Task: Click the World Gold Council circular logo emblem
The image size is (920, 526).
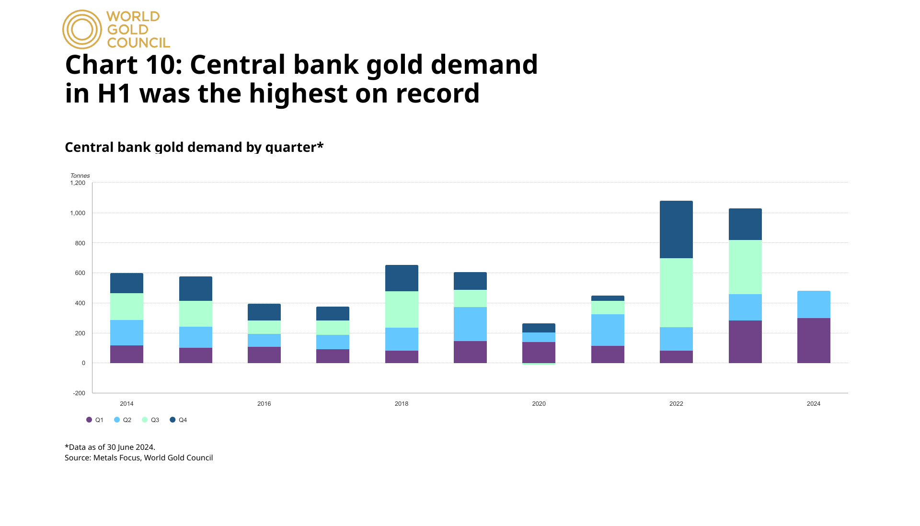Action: pos(82,30)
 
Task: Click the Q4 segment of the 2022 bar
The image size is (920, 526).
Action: pos(676,229)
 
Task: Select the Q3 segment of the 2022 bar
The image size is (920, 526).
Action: pos(676,293)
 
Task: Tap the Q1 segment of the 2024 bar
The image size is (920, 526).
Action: pos(814,341)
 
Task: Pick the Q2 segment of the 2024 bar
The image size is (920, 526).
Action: pos(814,304)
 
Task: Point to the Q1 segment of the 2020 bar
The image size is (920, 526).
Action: pos(539,353)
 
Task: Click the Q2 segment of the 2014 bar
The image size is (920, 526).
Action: pos(126,332)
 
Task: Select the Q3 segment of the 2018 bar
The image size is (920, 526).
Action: pos(402,309)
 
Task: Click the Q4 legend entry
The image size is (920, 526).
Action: pos(179,420)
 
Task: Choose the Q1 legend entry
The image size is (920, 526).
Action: pos(95,420)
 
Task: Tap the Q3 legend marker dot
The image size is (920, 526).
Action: pos(145,420)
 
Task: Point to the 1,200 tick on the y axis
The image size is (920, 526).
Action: pos(78,183)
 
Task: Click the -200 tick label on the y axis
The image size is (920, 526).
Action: pos(79,393)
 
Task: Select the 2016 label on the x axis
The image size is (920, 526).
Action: pos(264,404)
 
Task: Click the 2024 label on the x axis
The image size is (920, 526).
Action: pos(814,404)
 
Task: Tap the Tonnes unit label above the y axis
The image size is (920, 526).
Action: pos(80,176)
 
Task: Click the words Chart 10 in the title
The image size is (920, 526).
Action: pos(123,65)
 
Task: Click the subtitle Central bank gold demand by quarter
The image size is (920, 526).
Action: pos(194,147)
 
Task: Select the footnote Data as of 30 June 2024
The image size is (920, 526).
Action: pos(110,447)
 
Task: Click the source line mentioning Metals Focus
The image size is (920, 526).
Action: pos(139,457)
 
